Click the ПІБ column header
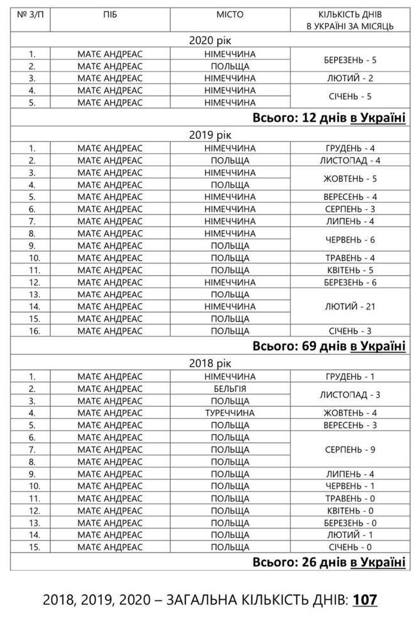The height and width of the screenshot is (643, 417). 110,14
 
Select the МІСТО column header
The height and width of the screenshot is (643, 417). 230,14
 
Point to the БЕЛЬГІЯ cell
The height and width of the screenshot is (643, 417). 230,389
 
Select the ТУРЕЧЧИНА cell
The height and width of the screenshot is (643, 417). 230,413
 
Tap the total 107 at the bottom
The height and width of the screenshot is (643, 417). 365,600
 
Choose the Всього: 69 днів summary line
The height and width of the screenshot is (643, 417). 328,346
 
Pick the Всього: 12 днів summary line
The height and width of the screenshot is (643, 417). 328,118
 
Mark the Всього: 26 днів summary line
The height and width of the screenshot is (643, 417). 328,561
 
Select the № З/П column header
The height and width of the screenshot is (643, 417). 31,14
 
